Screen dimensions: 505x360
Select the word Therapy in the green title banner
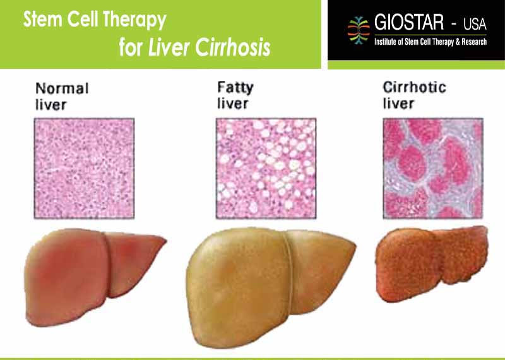pos(134,21)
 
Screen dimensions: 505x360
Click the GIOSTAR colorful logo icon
pos(359,30)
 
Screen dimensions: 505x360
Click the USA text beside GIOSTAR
pos(475,24)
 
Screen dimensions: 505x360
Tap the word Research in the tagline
pos(474,42)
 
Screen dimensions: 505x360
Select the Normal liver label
pos(62,97)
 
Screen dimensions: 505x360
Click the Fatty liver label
pos(235,95)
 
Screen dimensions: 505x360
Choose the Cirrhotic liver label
pos(415,95)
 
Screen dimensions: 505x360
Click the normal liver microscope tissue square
pos(84,168)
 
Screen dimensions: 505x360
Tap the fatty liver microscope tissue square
pos(266,168)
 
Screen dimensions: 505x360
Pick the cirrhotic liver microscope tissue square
pos(433,168)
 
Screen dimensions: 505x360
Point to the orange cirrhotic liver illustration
pos(432,263)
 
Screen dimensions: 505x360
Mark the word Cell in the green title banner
pos(83,19)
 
